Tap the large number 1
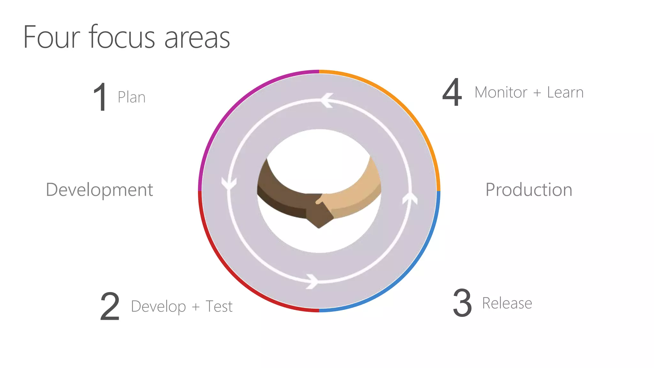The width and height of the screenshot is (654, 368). pyautogui.click(x=100, y=97)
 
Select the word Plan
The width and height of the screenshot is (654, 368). pyautogui.click(x=132, y=97)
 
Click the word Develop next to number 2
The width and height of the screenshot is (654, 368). pyautogui.click(x=158, y=307)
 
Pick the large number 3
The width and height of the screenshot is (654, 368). pyautogui.click(x=462, y=303)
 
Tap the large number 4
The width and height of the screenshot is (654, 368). pyautogui.click(x=452, y=92)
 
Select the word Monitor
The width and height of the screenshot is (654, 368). pyautogui.click(x=501, y=92)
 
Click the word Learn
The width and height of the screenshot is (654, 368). pyautogui.click(x=565, y=92)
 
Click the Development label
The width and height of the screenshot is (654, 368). pyautogui.click(x=100, y=190)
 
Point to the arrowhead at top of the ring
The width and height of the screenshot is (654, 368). pyautogui.click(x=326, y=100)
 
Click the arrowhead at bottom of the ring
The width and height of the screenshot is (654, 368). pyautogui.click(x=312, y=281)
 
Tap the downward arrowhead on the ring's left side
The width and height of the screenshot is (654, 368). pyautogui.click(x=229, y=184)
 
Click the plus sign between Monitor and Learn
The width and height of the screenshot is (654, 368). pyautogui.click(x=537, y=93)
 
